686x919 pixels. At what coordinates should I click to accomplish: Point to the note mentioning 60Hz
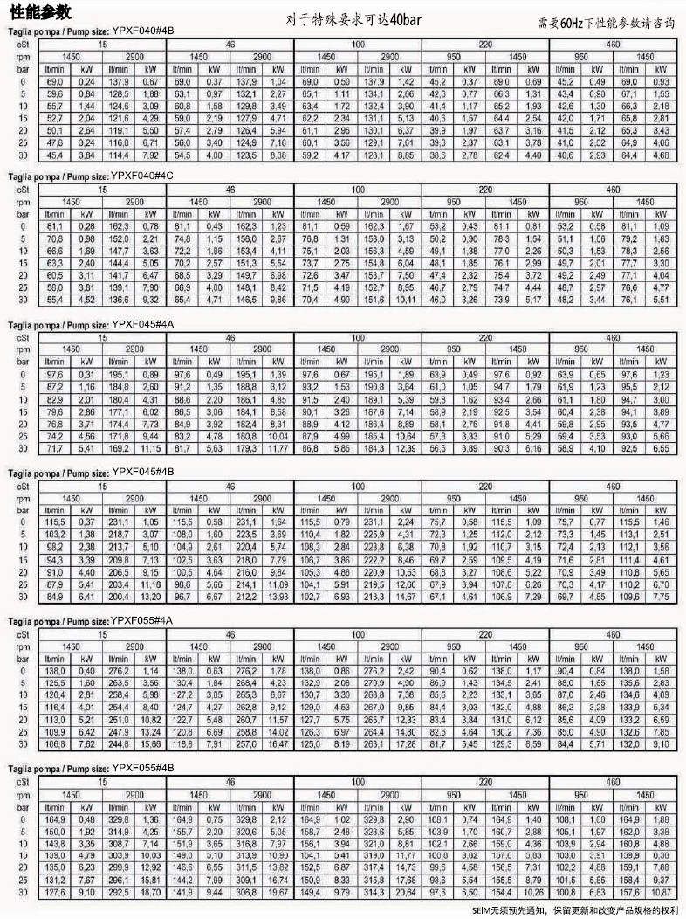point(606,24)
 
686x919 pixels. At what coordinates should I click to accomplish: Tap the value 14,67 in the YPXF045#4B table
point(405,597)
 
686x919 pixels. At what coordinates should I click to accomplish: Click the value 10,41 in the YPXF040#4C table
point(405,300)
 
